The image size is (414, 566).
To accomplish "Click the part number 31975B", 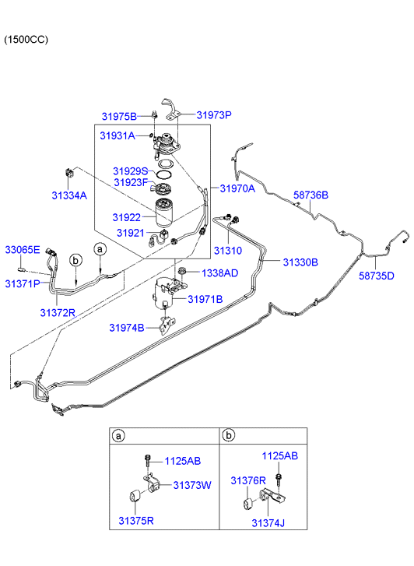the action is point(119,117).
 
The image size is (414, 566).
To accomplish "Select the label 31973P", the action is point(214,115).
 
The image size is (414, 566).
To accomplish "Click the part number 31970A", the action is point(237,188).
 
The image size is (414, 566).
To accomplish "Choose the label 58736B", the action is point(310,195).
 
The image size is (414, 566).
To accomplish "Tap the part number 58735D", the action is point(377,276).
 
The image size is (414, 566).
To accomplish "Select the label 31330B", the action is point(300,262).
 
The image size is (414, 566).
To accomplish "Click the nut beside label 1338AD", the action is point(182,271).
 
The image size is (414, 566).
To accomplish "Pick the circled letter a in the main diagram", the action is point(100,249).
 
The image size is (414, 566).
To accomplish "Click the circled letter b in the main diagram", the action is point(75,260).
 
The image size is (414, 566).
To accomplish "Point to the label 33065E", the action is point(23,249).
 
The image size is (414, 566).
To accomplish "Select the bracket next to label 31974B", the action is point(167,325).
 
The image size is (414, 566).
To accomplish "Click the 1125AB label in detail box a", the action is point(183,462).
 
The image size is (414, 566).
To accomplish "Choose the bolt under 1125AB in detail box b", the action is point(278,479).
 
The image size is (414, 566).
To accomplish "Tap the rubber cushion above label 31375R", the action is point(135,495).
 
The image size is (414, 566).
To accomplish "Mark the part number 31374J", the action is point(268,523).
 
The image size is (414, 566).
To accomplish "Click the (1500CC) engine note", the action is point(26,40).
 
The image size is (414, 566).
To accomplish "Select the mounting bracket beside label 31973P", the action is point(171,109).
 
